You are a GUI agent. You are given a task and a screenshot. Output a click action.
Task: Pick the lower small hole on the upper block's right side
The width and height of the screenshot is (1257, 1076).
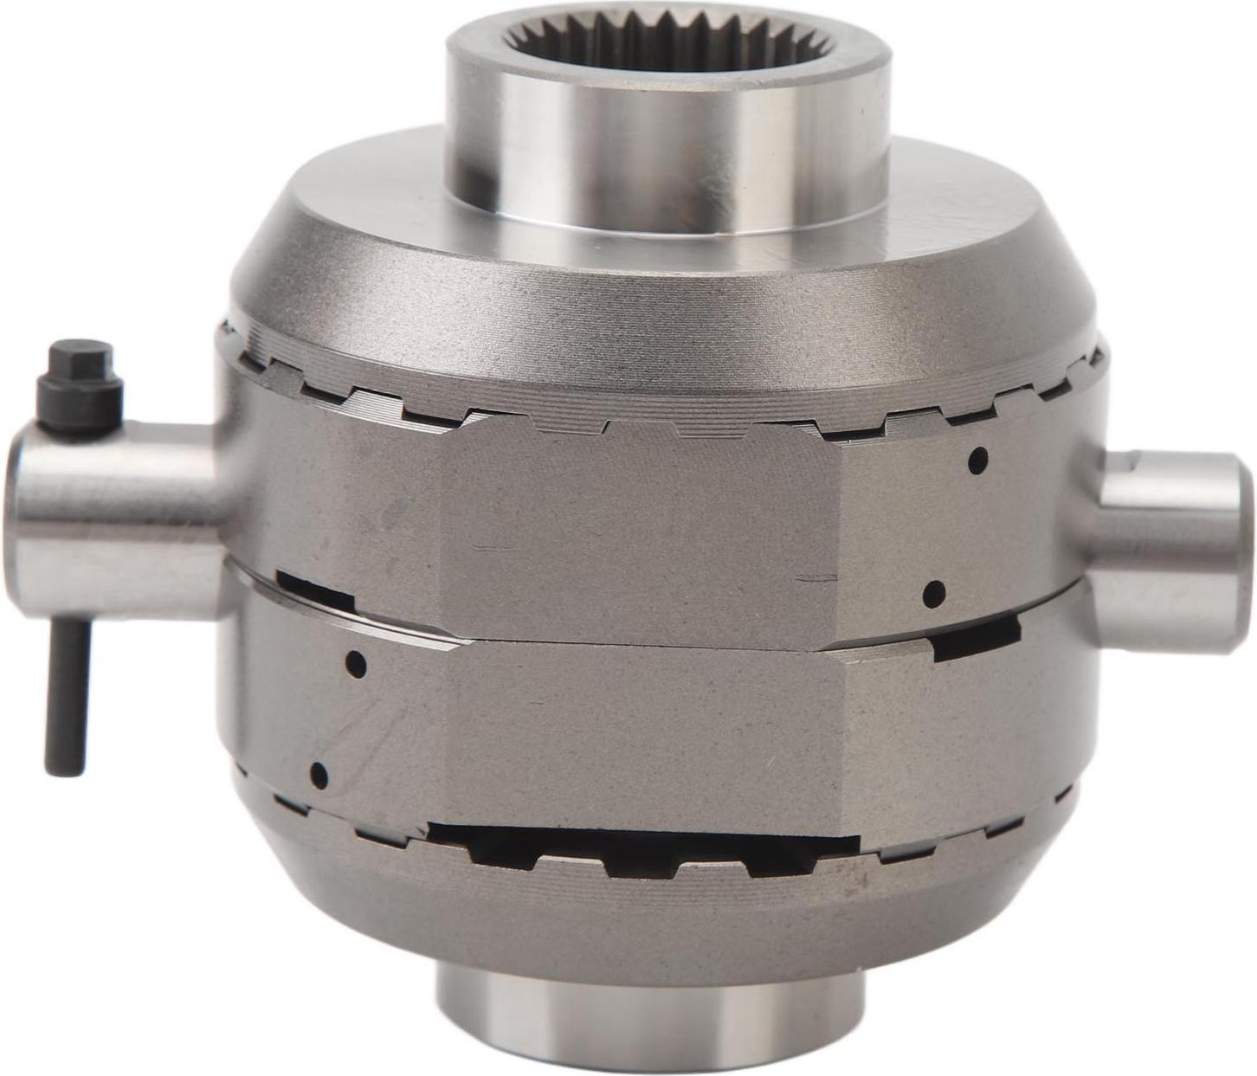(x=933, y=593)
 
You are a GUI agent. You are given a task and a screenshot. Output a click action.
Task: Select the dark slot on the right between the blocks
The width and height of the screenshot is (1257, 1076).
(x=976, y=639)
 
